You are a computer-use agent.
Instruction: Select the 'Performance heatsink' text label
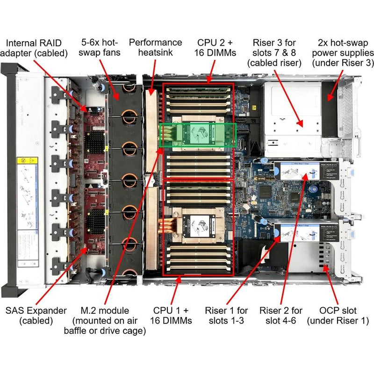point(156,47)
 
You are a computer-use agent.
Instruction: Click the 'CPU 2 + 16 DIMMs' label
point(215,47)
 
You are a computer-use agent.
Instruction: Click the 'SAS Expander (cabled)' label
point(36,316)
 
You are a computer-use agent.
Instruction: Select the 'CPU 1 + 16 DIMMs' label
point(171,316)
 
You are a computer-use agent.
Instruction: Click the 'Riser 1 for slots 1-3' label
point(226,316)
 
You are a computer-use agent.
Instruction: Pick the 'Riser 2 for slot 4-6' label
point(281,316)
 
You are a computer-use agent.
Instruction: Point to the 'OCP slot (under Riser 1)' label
point(338,316)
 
